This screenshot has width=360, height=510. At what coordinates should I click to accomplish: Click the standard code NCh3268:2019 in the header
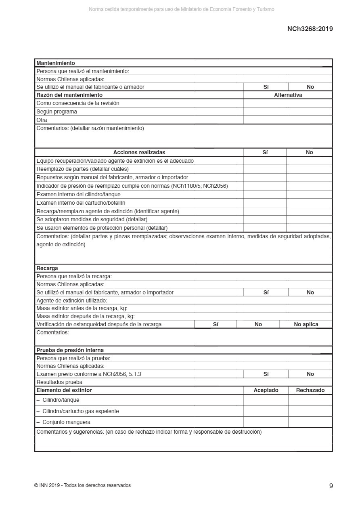pyautogui.click(x=310, y=29)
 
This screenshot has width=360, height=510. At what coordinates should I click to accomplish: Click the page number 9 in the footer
pyautogui.click(x=331, y=486)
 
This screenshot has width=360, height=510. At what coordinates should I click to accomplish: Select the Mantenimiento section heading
pyautogui.click(x=56, y=63)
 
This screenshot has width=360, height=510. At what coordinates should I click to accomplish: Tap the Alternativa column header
pyautogui.click(x=288, y=95)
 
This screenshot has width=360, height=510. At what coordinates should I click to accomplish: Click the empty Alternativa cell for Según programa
pyautogui.click(x=288, y=111)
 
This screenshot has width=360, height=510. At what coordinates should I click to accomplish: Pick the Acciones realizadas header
pyautogui.click(x=139, y=152)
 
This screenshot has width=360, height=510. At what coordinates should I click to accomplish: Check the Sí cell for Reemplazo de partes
pyautogui.click(x=265, y=169)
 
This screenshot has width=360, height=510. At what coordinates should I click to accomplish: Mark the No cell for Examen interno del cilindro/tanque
pyautogui.click(x=309, y=194)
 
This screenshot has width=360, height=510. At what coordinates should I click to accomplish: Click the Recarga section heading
pyautogui.click(x=47, y=268)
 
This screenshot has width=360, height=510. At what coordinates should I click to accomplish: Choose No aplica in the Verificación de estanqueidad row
pyautogui.click(x=306, y=324)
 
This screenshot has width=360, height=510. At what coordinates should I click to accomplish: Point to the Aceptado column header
pyautogui.click(x=266, y=390)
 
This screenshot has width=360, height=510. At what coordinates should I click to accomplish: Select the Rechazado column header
pyautogui.click(x=310, y=390)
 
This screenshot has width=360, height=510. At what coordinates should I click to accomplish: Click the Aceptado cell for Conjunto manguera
pyautogui.click(x=266, y=422)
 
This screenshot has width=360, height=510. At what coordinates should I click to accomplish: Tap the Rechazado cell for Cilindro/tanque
pyautogui.click(x=310, y=400)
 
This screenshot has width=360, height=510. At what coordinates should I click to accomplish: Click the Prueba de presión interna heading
pyautogui.click(x=70, y=350)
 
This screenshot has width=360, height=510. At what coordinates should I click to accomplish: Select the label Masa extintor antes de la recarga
pyautogui.click(x=82, y=308)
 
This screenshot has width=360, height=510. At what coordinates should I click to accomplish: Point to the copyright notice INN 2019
pyautogui.click(x=82, y=485)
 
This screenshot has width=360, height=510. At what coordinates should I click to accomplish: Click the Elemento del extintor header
pyautogui.click(x=64, y=390)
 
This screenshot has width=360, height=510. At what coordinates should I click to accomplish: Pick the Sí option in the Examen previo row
pyautogui.click(x=266, y=374)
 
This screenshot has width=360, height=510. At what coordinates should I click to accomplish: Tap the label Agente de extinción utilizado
pyautogui.click(x=71, y=300)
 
